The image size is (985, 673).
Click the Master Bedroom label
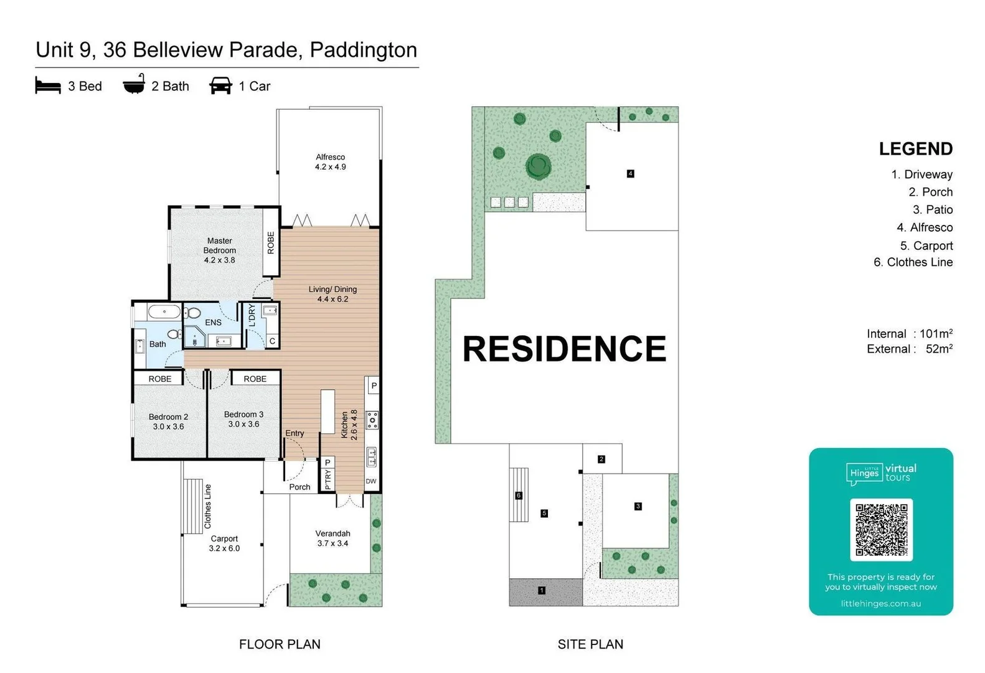(x=219, y=250)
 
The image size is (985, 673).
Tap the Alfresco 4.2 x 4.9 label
(x=330, y=162)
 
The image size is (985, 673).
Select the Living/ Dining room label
(x=332, y=294)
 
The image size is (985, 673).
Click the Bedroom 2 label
(x=168, y=422)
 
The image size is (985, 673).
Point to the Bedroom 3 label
(x=243, y=419)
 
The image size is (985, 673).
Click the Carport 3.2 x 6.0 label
(x=224, y=543)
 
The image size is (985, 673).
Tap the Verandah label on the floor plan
(x=332, y=538)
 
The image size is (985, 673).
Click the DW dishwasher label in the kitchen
(x=371, y=481)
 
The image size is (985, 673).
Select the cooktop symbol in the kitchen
(x=372, y=420)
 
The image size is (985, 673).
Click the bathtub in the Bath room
(x=164, y=312)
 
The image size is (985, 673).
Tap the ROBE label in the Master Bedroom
(x=271, y=243)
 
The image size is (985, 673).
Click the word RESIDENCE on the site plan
(x=564, y=348)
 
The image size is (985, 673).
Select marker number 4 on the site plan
(x=630, y=174)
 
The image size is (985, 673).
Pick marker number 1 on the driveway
(x=541, y=590)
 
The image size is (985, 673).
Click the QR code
(x=881, y=530)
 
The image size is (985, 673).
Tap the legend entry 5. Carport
(x=926, y=246)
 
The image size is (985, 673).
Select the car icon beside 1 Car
(x=220, y=85)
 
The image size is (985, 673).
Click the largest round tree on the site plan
(x=538, y=166)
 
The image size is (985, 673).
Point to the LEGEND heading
(x=915, y=149)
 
